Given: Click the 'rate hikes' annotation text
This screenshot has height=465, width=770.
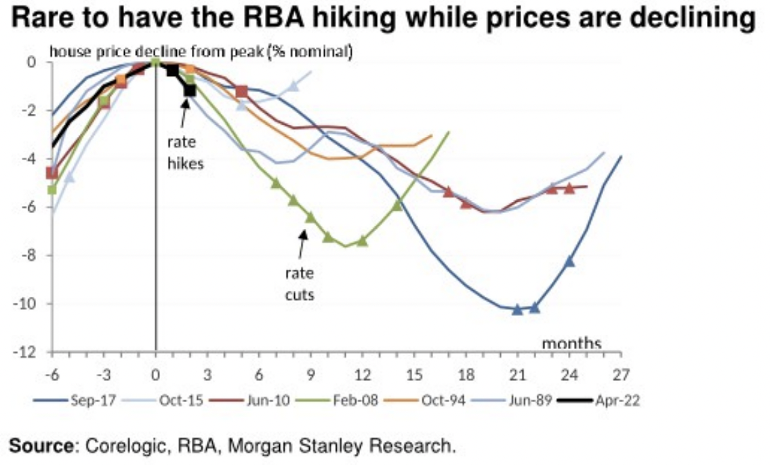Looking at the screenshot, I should [185, 153].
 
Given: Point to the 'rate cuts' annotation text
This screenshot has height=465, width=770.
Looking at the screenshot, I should [299, 285].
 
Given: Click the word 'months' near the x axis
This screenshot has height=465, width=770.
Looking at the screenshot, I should [571, 344].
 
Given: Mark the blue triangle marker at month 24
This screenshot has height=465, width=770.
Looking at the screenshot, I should [569, 261].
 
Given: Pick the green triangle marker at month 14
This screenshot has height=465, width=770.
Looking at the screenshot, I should [397, 205].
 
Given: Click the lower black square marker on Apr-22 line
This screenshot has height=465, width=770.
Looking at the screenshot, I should [190, 89].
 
